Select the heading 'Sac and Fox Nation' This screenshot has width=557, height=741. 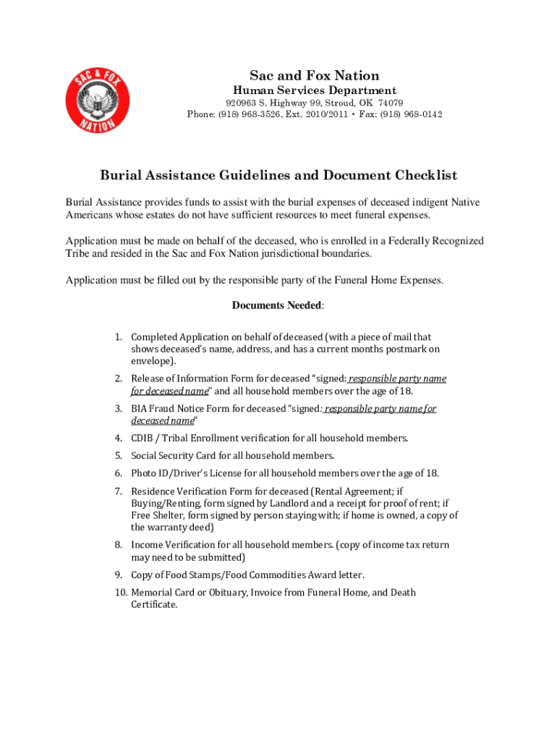pyautogui.click(x=314, y=76)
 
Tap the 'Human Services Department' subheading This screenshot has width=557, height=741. pyautogui.click(x=314, y=91)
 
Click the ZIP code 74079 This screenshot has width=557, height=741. pyautogui.click(x=391, y=103)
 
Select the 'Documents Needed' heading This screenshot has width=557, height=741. pyautogui.click(x=276, y=305)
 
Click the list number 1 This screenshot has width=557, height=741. pyautogui.click(x=118, y=337)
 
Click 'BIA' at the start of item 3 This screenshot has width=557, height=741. pyautogui.click(x=140, y=408)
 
